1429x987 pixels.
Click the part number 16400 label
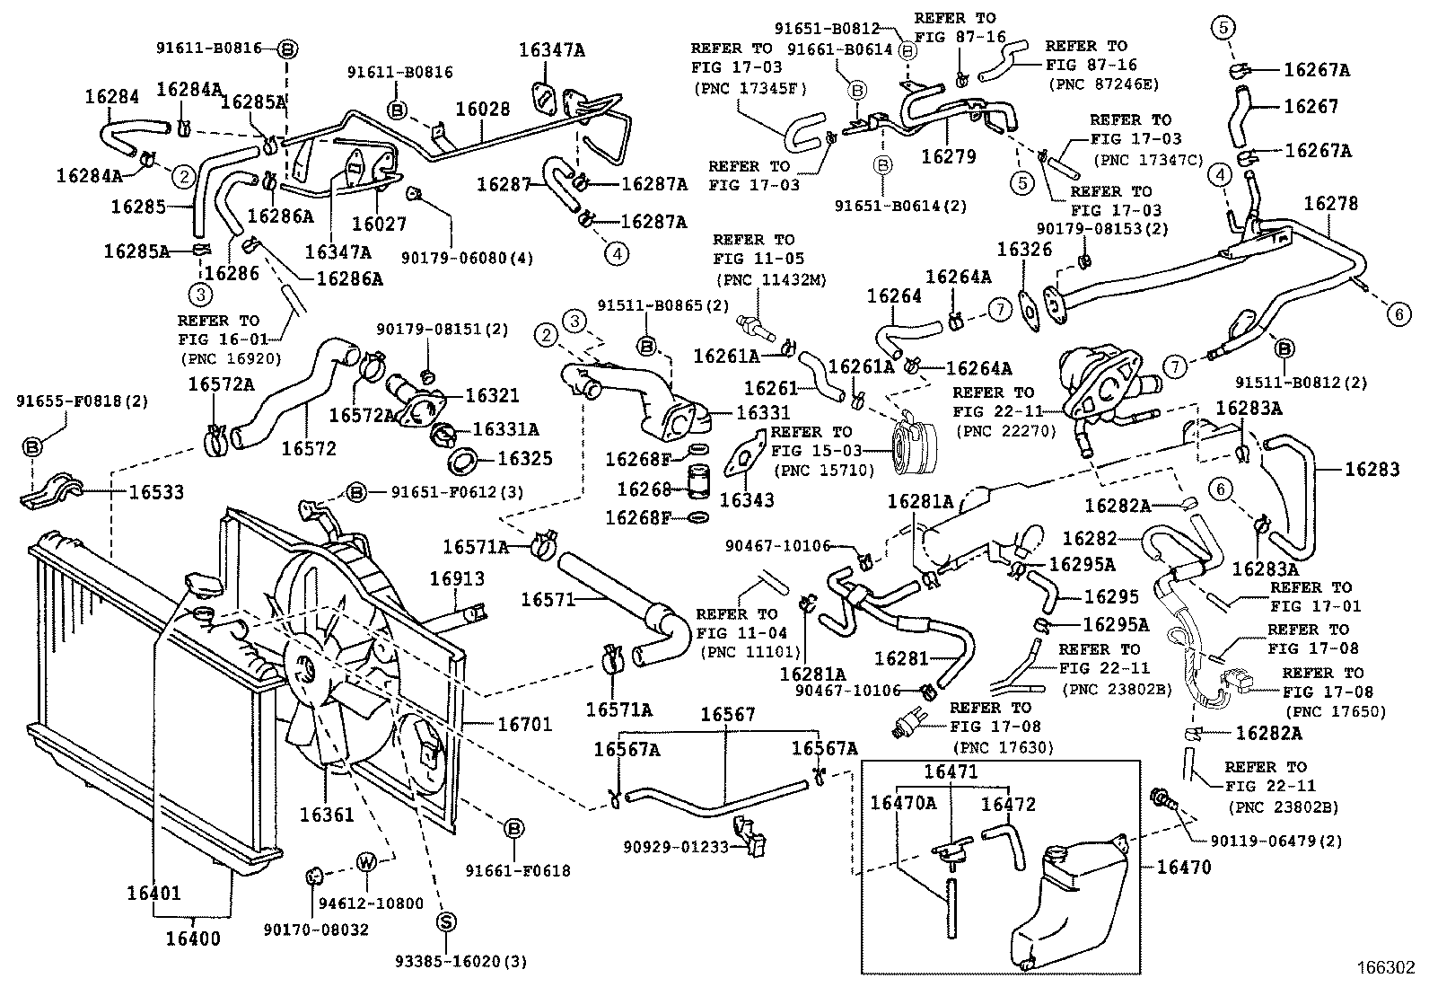tap(193, 939)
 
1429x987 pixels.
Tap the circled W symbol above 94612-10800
tap(366, 862)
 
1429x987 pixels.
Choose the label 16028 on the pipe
tap(482, 110)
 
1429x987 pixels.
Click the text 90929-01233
tap(676, 845)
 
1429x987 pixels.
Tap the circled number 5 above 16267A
tap(1223, 28)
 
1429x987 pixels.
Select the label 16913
tap(456, 580)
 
